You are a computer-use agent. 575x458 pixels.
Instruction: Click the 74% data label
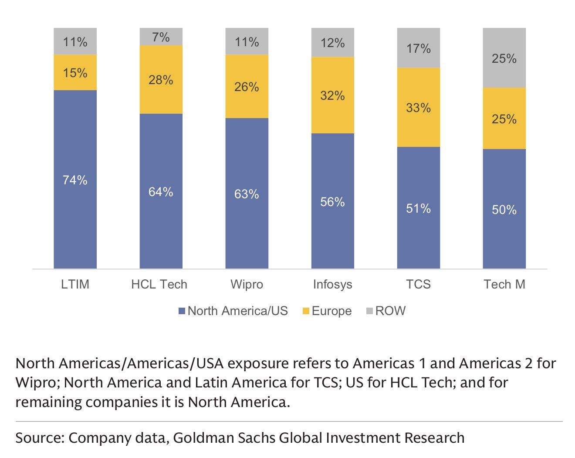point(75,180)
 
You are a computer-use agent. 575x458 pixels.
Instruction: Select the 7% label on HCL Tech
point(161,37)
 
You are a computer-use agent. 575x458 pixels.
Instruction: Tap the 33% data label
point(418,108)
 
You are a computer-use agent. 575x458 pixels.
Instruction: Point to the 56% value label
point(332,202)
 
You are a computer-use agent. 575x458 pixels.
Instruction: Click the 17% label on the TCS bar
point(418,48)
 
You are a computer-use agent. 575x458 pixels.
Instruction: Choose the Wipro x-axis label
point(247,285)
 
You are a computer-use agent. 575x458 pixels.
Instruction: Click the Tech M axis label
point(504,285)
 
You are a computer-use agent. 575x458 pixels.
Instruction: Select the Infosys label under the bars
point(332,285)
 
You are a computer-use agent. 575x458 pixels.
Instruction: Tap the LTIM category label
point(75,285)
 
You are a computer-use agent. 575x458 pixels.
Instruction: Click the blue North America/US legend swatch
point(182,311)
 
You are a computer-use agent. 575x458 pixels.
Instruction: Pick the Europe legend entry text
point(331,311)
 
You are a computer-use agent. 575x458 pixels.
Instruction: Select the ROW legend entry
point(390,311)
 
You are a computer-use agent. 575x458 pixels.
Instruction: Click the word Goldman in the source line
point(199,438)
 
